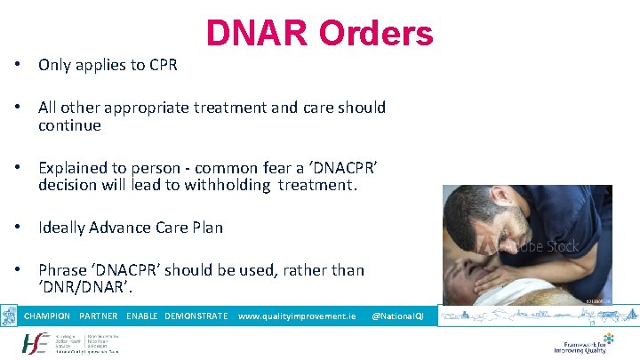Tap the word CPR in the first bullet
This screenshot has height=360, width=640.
(163, 65)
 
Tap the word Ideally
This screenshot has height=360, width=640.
(60, 228)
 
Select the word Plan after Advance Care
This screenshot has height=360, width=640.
(205, 228)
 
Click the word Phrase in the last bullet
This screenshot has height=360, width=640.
(61, 269)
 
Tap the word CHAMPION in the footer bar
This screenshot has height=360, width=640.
(47, 316)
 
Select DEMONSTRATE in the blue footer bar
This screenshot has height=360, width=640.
(196, 316)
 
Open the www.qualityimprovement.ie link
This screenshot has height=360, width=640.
(297, 316)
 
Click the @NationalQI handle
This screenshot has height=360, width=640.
(397, 316)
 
